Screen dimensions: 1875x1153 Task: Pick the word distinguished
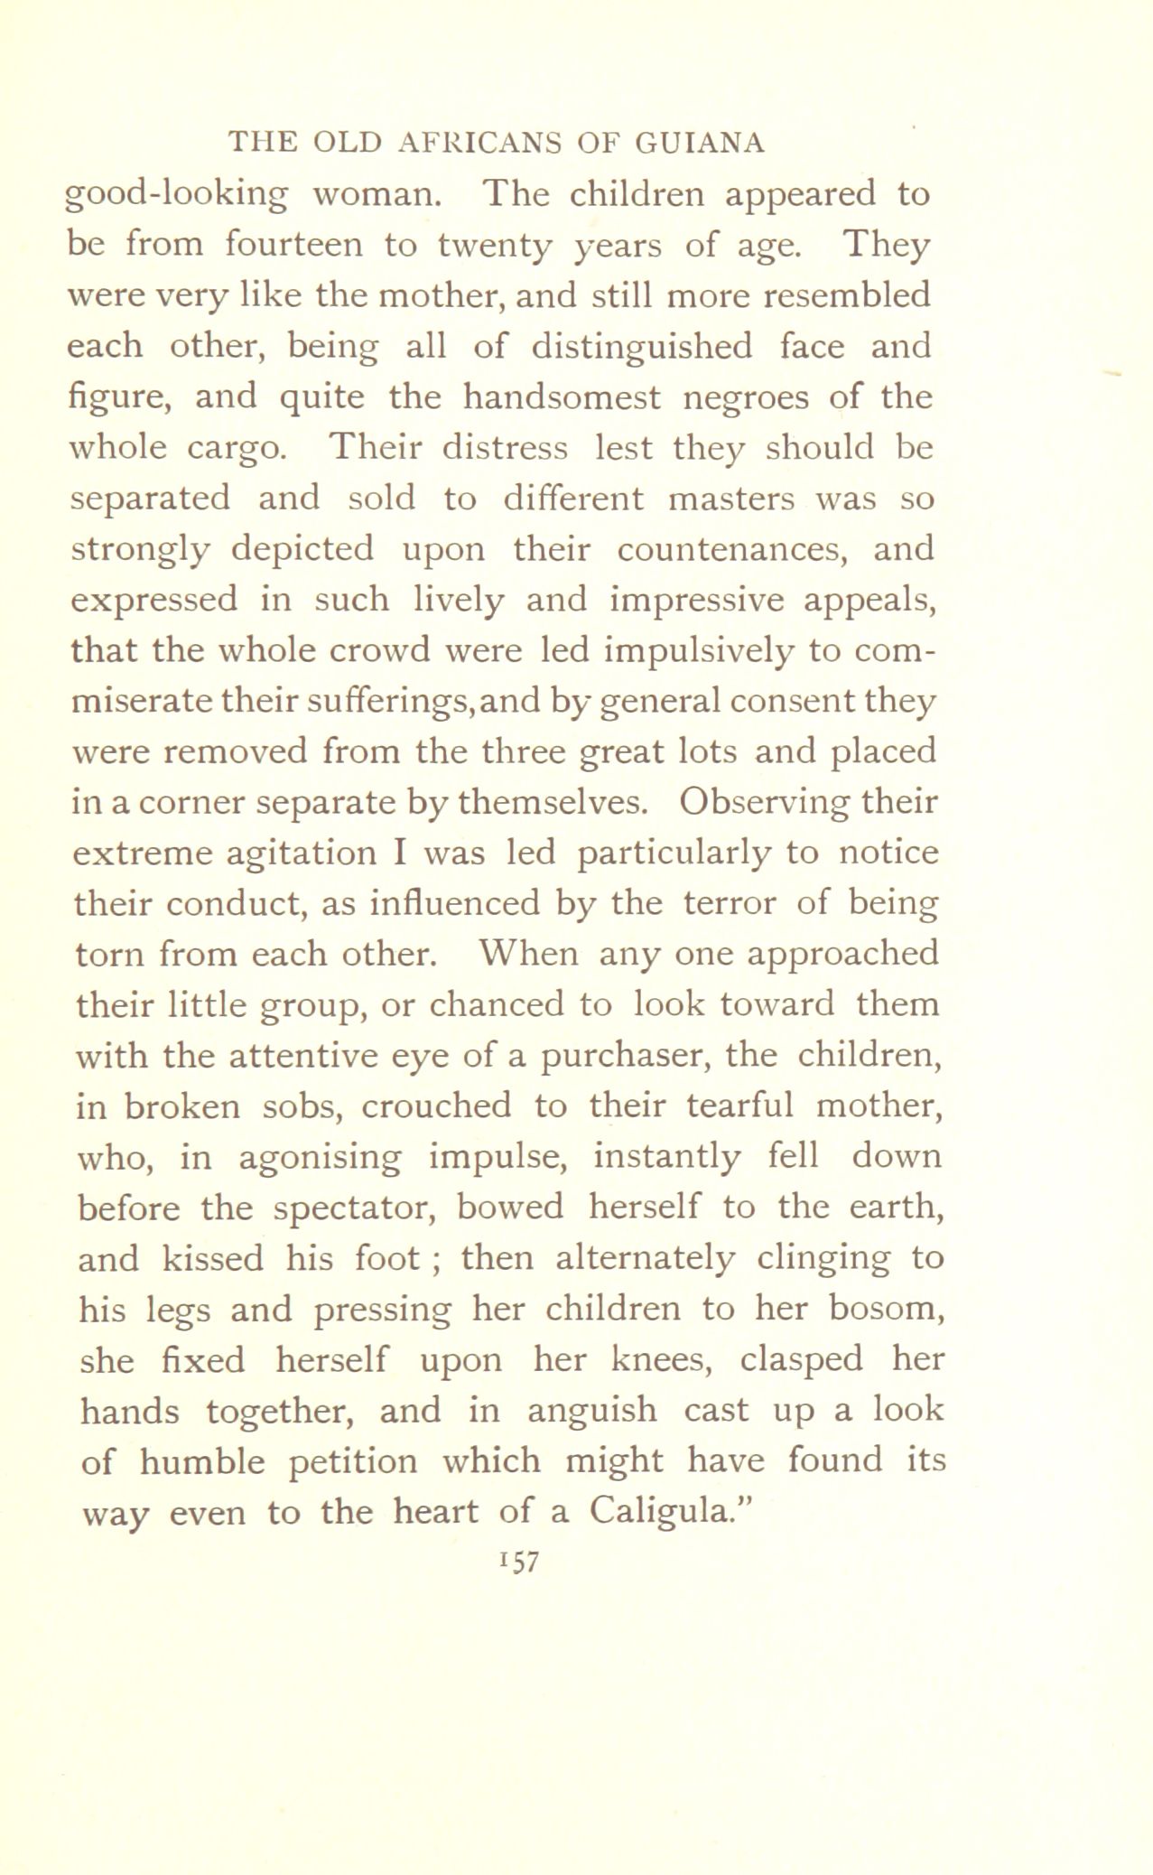click(641, 348)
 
